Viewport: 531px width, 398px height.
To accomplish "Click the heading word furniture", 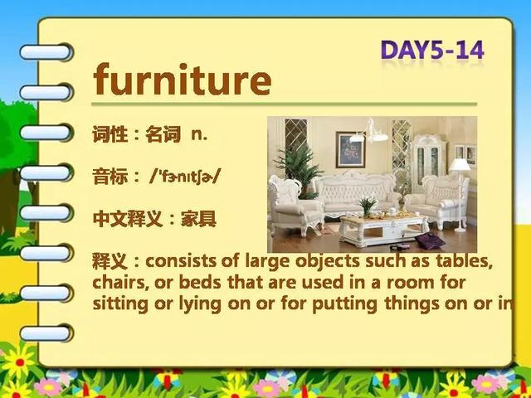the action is point(183,80).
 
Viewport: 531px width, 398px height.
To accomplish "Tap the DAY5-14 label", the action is point(432,51).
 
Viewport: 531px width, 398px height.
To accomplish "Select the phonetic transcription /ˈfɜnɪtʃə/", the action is point(185,177).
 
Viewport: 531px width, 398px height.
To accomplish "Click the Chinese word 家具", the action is point(198,219).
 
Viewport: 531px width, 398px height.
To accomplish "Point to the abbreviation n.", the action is point(199,134).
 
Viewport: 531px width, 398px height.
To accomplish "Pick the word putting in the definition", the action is point(344,304).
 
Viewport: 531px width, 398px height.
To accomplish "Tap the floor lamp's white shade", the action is point(460,165).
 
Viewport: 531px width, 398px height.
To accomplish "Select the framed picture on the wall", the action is point(350,149).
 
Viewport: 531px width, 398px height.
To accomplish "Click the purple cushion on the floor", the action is point(430,240).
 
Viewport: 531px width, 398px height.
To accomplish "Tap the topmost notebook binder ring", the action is point(46,52).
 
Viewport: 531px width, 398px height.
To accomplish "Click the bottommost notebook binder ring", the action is point(46,333).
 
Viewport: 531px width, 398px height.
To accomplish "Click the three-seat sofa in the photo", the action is point(356,194).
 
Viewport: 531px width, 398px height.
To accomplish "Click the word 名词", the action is point(163,134).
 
